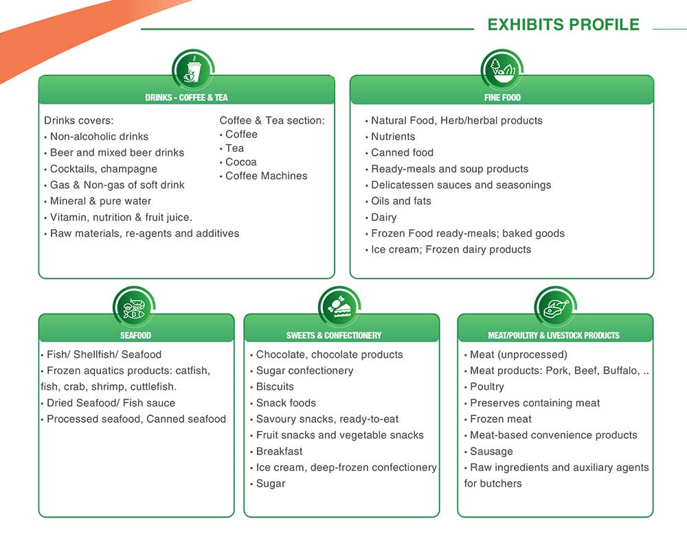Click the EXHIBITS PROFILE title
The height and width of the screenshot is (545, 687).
coord(563,25)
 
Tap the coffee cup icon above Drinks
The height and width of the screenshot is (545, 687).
coord(193,70)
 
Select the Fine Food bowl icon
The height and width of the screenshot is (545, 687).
coord(502,70)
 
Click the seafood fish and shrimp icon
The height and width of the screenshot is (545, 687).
coord(134,308)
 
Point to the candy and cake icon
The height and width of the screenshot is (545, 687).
coord(339,308)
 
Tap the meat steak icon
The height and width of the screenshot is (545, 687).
coord(556,308)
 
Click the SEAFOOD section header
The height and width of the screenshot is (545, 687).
coord(136,336)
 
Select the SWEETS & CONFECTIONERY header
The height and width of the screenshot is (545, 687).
coord(334,336)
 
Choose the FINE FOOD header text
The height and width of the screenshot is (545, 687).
coord(503,97)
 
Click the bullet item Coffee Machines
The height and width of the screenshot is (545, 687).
coord(267,176)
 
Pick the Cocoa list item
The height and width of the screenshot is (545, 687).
coord(241,162)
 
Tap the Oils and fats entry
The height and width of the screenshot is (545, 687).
coord(401,201)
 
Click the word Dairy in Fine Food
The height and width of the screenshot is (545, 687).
coord(384,217)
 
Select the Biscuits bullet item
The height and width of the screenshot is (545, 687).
coord(275,386)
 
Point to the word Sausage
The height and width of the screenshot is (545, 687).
coord(491,452)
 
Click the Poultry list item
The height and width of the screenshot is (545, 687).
coord(487,387)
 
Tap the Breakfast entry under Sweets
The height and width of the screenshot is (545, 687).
coord(279,452)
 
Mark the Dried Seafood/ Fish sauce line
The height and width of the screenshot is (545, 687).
coord(111,403)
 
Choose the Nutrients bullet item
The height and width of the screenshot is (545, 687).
coord(393,137)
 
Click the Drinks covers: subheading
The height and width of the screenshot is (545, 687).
coord(79,120)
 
